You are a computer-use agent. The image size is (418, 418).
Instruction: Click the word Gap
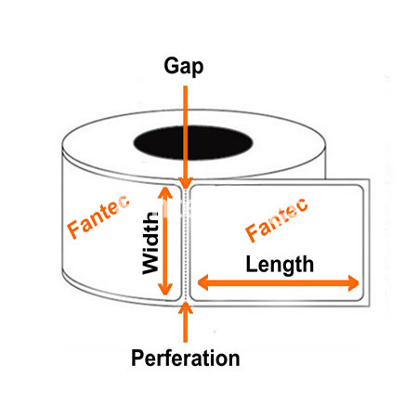pos(184,67)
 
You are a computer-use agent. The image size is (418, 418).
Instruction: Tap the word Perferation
pos(186,358)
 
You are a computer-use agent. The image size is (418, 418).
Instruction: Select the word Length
pos(280,265)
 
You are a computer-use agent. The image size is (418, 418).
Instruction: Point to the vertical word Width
pos(150,242)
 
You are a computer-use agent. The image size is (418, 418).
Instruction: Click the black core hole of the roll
pos(193,143)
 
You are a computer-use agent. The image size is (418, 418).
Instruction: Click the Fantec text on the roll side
pos(98,216)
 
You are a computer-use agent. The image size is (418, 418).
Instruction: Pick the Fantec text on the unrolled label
pos(277,219)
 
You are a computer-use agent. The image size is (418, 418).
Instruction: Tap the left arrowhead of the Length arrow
pos(202,282)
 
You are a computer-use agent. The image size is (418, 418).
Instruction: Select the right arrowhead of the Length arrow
pos(353,282)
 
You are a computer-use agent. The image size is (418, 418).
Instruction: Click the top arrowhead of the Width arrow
pos(165,192)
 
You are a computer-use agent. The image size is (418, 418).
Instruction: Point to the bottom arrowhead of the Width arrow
pos(165,289)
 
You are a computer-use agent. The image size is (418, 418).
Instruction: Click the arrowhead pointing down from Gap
pos(186,183)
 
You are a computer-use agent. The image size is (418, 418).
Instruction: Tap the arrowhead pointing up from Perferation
pos(186,307)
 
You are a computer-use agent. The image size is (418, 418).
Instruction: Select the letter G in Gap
pos(171,65)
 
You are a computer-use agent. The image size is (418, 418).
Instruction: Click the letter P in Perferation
pos(137,358)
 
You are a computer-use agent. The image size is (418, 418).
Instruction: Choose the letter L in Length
pos(252,264)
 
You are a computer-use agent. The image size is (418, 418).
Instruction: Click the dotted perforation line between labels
pos(185,244)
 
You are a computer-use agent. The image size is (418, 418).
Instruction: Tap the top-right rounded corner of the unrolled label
pos(359,189)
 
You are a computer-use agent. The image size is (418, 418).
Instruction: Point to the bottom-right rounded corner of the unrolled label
pos(359,297)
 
